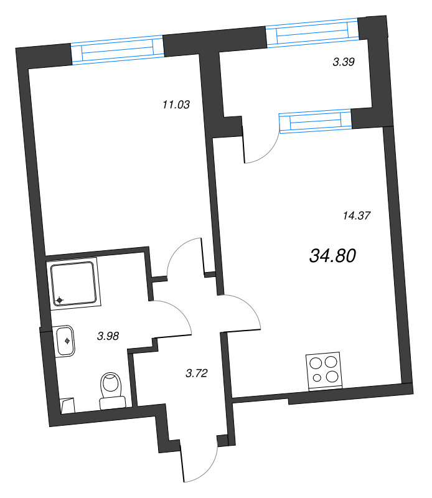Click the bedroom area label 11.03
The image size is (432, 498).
click(x=175, y=105)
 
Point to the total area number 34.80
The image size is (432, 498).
click(x=332, y=255)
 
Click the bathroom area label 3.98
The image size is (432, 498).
click(x=108, y=336)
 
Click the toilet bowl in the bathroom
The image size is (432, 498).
click(x=111, y=384)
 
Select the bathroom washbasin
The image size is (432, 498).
click(x=65, y=341)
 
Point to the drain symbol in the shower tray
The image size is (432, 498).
click(x=60, y=301)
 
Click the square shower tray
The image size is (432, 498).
click(x=74, y=283)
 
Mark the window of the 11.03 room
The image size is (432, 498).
click(x=117, y=50)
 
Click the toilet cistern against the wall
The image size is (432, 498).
click(x=113, y=403)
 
